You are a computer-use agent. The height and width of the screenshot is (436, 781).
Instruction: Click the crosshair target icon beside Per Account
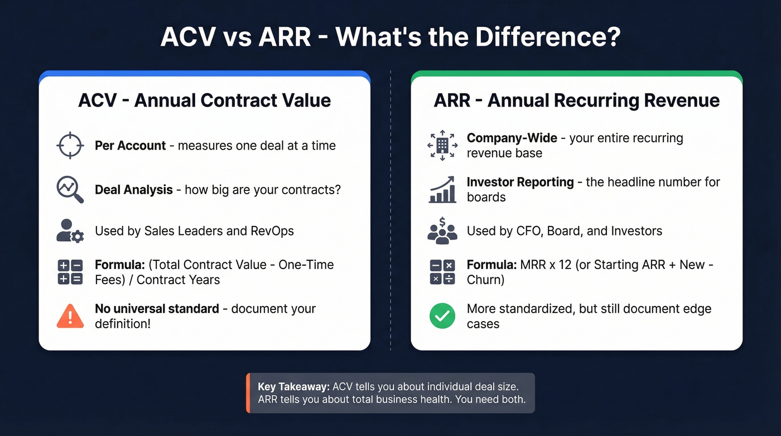point(70,146)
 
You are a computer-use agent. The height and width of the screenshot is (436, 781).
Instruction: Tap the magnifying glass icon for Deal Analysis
point(70,190)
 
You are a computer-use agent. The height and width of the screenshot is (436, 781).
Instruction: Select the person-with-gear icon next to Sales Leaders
point(70,231)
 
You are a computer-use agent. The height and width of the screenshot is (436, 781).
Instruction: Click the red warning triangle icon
point(70,317)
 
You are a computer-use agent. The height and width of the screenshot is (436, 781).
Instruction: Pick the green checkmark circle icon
point(442,317)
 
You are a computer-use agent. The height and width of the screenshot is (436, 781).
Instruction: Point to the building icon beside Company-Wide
point(442,145)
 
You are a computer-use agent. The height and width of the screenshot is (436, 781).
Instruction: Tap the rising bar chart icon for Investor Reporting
point(442,190)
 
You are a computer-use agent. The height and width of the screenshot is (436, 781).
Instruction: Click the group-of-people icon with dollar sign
point(442,230)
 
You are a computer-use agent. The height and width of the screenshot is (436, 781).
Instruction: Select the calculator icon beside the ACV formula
point(70,272)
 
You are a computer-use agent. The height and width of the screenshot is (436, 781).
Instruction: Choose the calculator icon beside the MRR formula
point(442,272)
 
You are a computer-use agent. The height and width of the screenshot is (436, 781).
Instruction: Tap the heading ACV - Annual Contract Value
point(204,100)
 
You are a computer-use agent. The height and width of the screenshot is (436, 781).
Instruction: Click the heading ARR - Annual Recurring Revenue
point(576,100)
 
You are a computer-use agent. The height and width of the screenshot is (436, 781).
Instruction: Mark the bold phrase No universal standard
point(157,309)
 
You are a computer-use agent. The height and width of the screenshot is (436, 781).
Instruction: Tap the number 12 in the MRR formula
point(565,265)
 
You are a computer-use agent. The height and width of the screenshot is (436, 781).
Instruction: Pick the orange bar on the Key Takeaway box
point(248,393)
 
